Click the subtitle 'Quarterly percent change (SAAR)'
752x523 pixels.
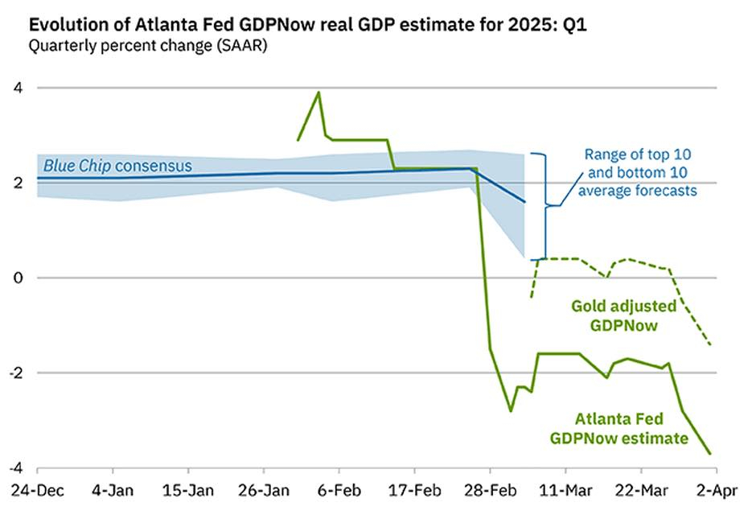(148, 46)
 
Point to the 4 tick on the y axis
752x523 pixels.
(17, 88)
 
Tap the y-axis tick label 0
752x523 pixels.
(17, 278)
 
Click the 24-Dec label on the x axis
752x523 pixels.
(38, 489)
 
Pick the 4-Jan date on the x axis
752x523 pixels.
(113, 489)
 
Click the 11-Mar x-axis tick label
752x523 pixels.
(565, 489)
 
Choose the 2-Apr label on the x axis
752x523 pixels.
(715, 489)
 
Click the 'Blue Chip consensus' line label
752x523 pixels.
(117, 166)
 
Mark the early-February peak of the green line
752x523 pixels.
(318, 92)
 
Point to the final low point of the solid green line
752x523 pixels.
(710, 454)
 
